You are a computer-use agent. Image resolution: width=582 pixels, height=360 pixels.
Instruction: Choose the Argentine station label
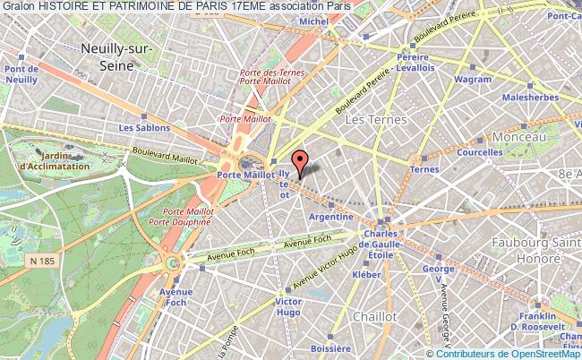click(x=328, y=215)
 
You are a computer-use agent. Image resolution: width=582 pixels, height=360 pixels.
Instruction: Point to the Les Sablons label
click(x=139, y=128)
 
